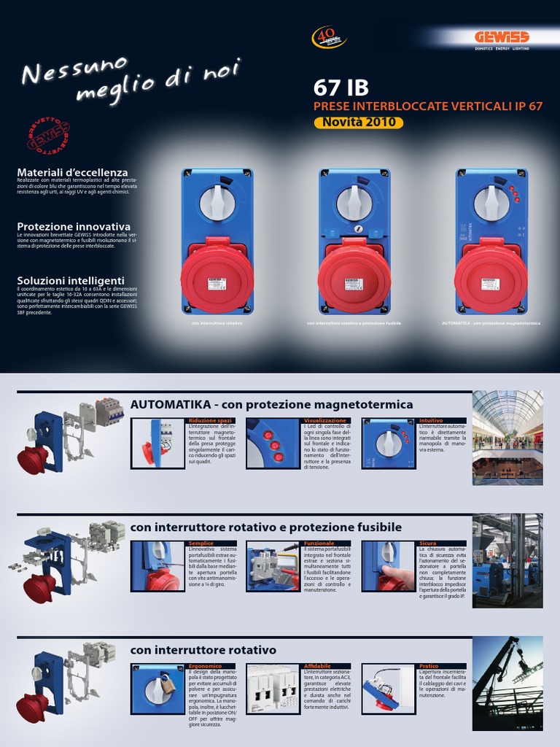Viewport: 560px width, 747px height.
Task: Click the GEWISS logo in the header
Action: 502,37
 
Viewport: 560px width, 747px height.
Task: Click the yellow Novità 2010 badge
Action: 359,123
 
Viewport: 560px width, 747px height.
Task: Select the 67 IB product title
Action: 341,88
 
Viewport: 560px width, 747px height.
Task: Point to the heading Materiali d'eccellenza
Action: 72,172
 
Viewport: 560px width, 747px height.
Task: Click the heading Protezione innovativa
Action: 74,226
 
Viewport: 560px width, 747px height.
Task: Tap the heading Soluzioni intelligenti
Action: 71,280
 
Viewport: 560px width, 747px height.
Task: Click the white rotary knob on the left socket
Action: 217,203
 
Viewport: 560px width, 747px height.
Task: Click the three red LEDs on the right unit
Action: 514,193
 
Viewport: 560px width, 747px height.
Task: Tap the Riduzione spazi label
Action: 210,421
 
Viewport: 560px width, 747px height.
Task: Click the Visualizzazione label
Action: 325,421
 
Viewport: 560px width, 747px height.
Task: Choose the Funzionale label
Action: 319,543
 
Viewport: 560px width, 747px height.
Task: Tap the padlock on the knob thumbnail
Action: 168,686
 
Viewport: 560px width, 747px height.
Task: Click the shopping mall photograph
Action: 507,438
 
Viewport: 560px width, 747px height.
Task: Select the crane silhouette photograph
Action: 507,683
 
